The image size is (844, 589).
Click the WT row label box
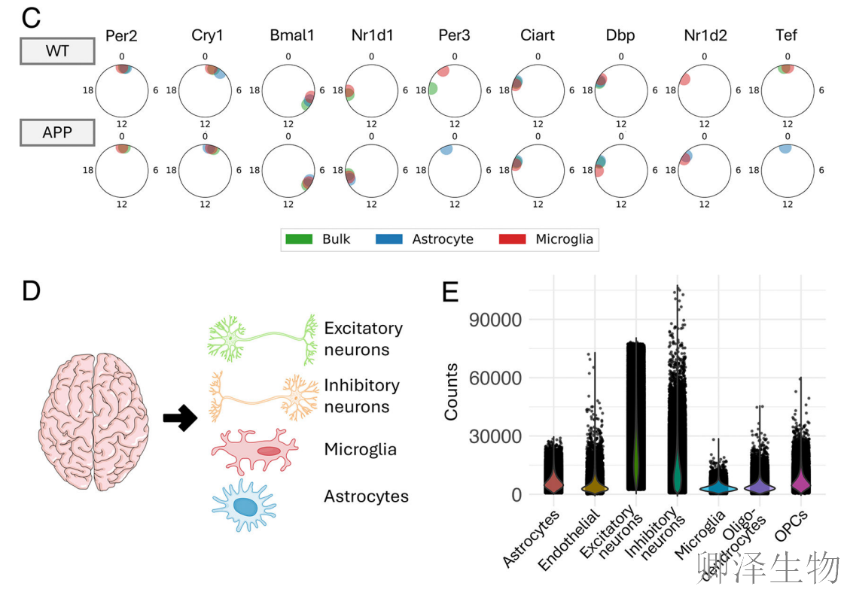click(x=56, y=52)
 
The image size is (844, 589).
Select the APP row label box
click(x=56, y=132)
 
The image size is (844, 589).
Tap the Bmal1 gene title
click(x=288, y=35)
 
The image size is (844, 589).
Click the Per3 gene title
click(x=454, y=35)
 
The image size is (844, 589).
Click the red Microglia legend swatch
click(x=512, y=239)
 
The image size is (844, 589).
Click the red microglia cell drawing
click(x=252, y=451)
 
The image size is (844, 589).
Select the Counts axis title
click(x=451, y=392)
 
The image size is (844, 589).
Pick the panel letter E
click(x=450, y=291)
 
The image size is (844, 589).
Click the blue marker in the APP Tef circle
click(x=786, y=149)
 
